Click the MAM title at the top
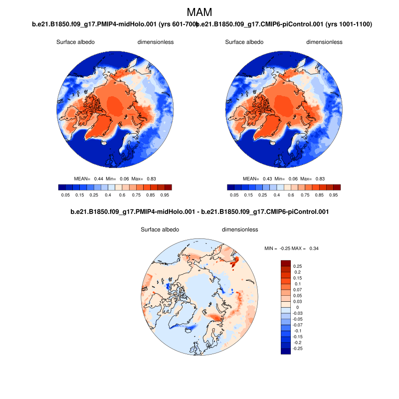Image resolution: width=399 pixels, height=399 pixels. coord(199,12)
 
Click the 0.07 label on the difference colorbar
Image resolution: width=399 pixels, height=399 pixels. coord(297,289)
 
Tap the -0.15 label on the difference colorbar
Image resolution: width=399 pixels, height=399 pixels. coord(298,337)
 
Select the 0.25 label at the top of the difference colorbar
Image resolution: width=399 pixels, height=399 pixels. coord(298,266)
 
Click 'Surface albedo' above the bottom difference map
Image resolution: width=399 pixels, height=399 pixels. coord(160,230)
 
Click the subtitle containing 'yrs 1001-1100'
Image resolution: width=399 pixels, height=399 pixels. coord(285,24)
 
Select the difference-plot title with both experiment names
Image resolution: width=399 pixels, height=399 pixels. coord(199,212)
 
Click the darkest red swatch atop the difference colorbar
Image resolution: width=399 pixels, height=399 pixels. coord(286,263)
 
